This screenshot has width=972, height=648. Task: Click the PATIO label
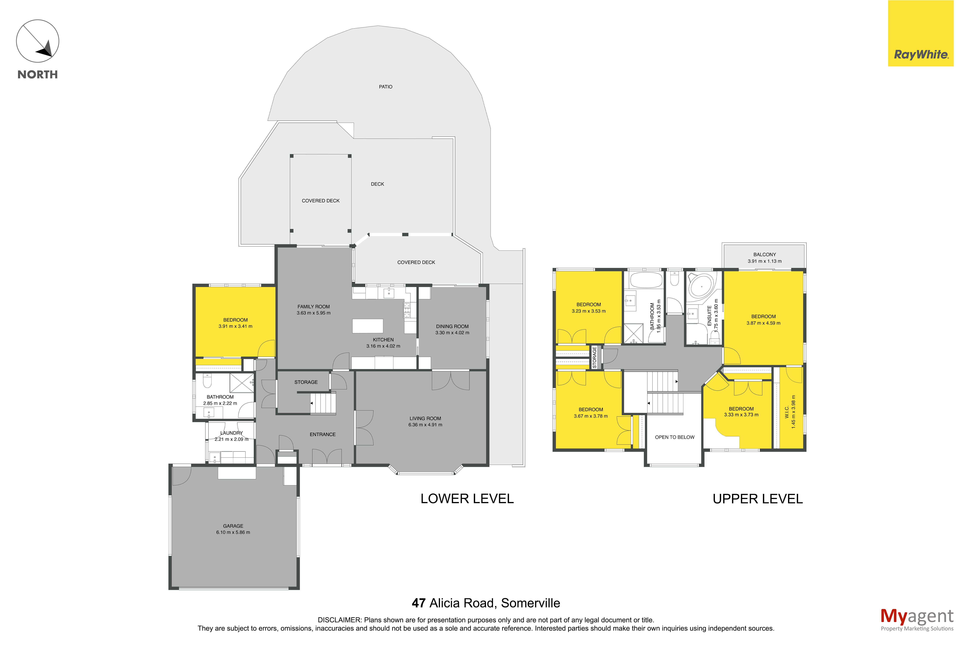pyautogui.click(x=385, y=87)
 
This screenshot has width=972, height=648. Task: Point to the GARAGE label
pyautogui.click(x=233, y=526)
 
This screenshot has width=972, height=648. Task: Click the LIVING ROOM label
pyautogui.click(x=425, y=419)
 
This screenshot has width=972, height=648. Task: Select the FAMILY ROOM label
pyautogui.click(x=314, y=307)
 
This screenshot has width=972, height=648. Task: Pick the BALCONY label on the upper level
pyautogui.click(x=764, y=255)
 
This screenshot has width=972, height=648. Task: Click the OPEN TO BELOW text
pyautogui.click(x=675, y=437)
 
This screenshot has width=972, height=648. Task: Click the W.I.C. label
pyautogui.click(x=787, y=412)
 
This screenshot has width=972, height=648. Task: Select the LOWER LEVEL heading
pyautogui.click(x=467, y=499)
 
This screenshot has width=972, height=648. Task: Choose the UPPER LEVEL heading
pyautogui.click(x=758, y=499)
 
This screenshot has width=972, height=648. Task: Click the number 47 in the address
pyautogui.click(x=418, y=603)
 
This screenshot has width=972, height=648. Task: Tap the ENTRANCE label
pyautogui.click(x=323, y=434)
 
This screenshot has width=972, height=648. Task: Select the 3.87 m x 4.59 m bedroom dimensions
pyautogui.click(x=763, y=323)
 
